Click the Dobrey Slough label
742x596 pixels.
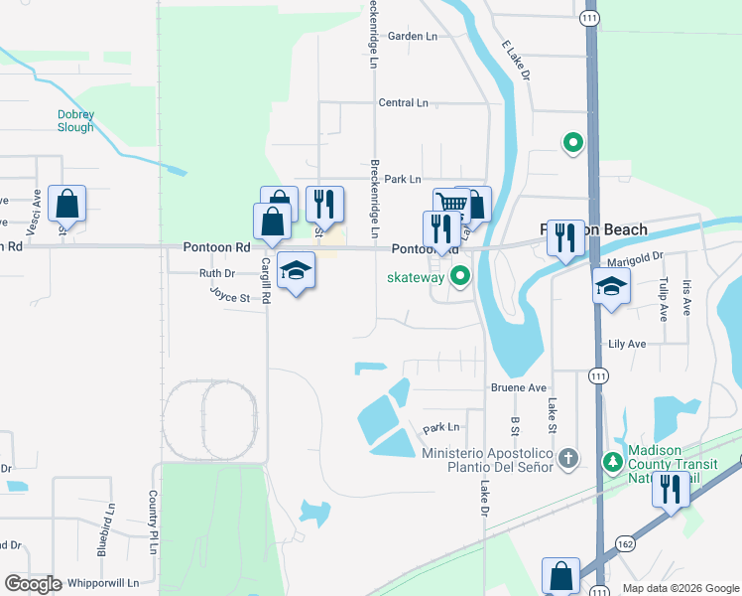pyautogui.click(x=75, y=120)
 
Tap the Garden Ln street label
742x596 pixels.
pyautogui.click(x=412, y=36)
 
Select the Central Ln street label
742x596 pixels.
pyautogui.click(x=403, y=102)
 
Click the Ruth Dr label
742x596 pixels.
pyautogui.click(x=216, y=273)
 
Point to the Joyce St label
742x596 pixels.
pyautogui.click(x=227, y=295)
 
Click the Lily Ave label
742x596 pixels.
pyautogui.click(x=626, y=344)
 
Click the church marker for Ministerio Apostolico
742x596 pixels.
pyautogui.click(x=567, y=459)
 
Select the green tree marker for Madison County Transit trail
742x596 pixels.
pyautogui.click(x=613, y=462)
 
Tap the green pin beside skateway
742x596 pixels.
pyautogui.click(x=458, y=276)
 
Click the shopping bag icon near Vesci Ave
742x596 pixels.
pyautogui.click(x=66, y=204)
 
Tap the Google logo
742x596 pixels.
pyautogui.click(x=33, y=584)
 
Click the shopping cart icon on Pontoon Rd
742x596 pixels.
pyautogui.click(x=451, y=204)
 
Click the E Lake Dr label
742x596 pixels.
pyautogui.click(x=517, y=62)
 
